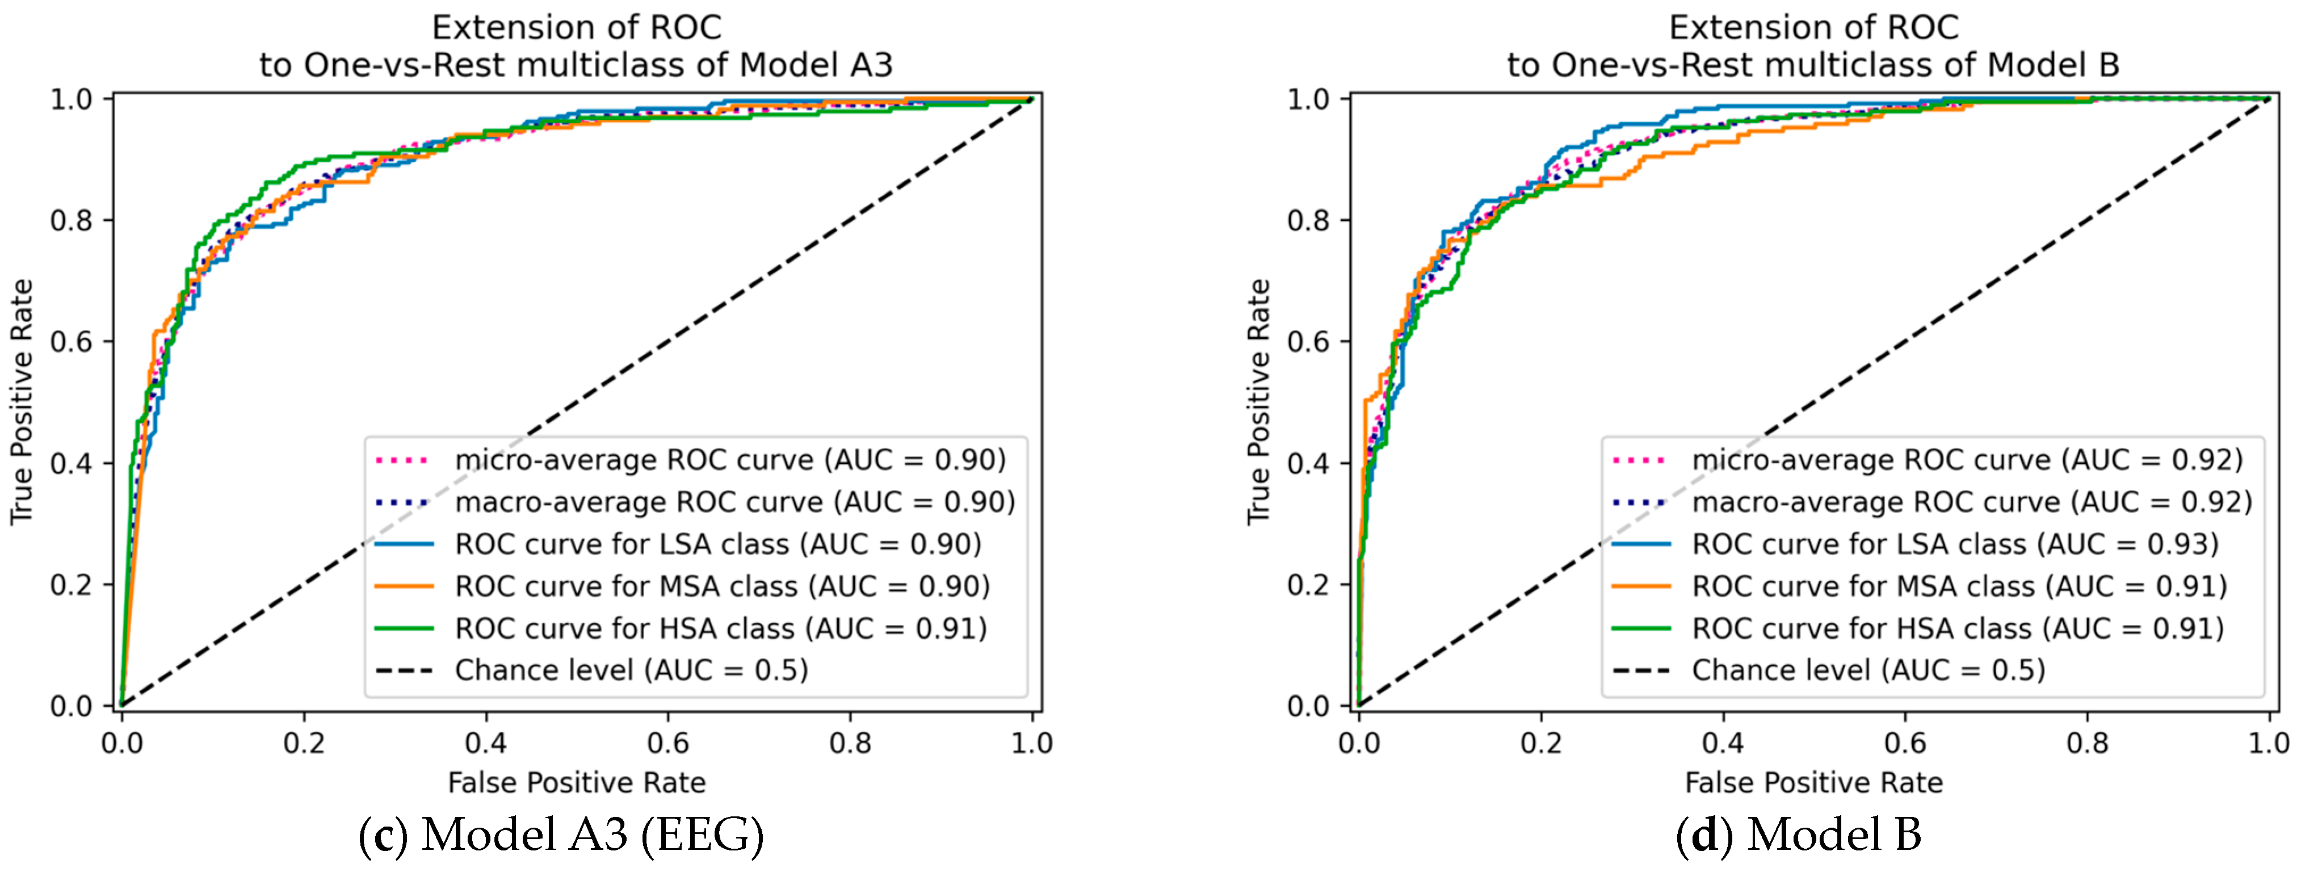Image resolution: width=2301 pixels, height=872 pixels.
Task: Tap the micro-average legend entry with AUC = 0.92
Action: coord(1967,460)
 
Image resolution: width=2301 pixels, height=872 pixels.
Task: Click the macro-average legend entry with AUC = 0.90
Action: coord(734,502)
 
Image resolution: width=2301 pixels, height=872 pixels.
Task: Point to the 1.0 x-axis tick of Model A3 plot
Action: coord(1032,743)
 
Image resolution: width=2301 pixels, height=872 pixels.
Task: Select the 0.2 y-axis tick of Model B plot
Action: coord(1309,585)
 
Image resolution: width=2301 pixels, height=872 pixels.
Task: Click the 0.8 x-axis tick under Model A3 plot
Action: coord(850,743)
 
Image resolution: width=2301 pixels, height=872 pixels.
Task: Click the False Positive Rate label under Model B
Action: coord(1813,783)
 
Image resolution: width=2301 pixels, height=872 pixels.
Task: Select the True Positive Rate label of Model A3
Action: coord(22,402)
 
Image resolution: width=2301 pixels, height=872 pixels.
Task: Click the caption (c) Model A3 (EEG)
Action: coord(561,835)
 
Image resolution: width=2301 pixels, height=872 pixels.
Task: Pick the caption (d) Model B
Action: coord(1798,835)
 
